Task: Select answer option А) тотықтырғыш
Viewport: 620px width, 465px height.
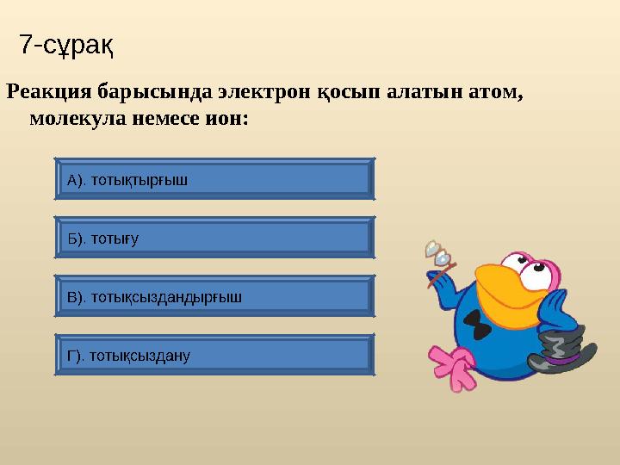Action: pos(214,180)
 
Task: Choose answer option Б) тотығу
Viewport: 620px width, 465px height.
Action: pos(214,239)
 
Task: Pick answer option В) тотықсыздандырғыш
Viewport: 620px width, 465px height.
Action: pos(214,297)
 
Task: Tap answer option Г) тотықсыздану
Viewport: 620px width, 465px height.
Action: pos(214,355)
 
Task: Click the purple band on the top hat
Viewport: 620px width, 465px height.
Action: pos(560,356)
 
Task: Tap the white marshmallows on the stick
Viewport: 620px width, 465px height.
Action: pos(437,252)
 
